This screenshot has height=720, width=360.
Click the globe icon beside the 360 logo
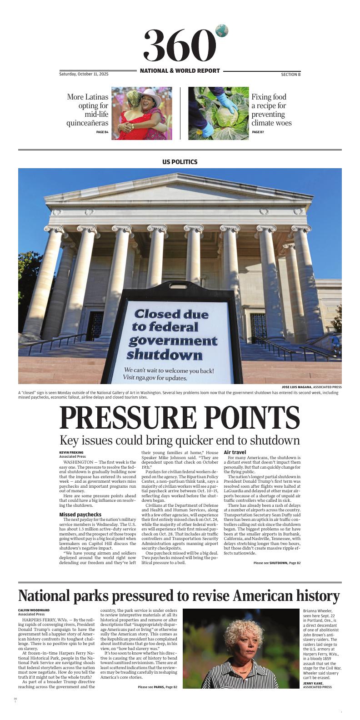(222, 31)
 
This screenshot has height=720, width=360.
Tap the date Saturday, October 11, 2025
(84, 74)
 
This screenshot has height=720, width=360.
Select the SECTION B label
(290, 74)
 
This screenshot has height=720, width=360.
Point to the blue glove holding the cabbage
(226, 104)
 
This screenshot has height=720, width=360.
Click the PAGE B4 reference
(102, 132)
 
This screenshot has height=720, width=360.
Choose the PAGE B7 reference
(258, 132)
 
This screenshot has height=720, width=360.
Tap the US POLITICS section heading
(180, 162)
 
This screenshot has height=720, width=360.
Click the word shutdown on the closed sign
(165, 355)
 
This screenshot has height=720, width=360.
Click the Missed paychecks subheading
(80, 515)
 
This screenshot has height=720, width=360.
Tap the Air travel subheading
(235, 452)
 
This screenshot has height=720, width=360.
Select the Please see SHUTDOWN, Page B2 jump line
(277, 563)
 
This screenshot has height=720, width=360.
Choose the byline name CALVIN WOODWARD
(34, 610)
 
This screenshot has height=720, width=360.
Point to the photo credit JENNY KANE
(314, 683)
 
